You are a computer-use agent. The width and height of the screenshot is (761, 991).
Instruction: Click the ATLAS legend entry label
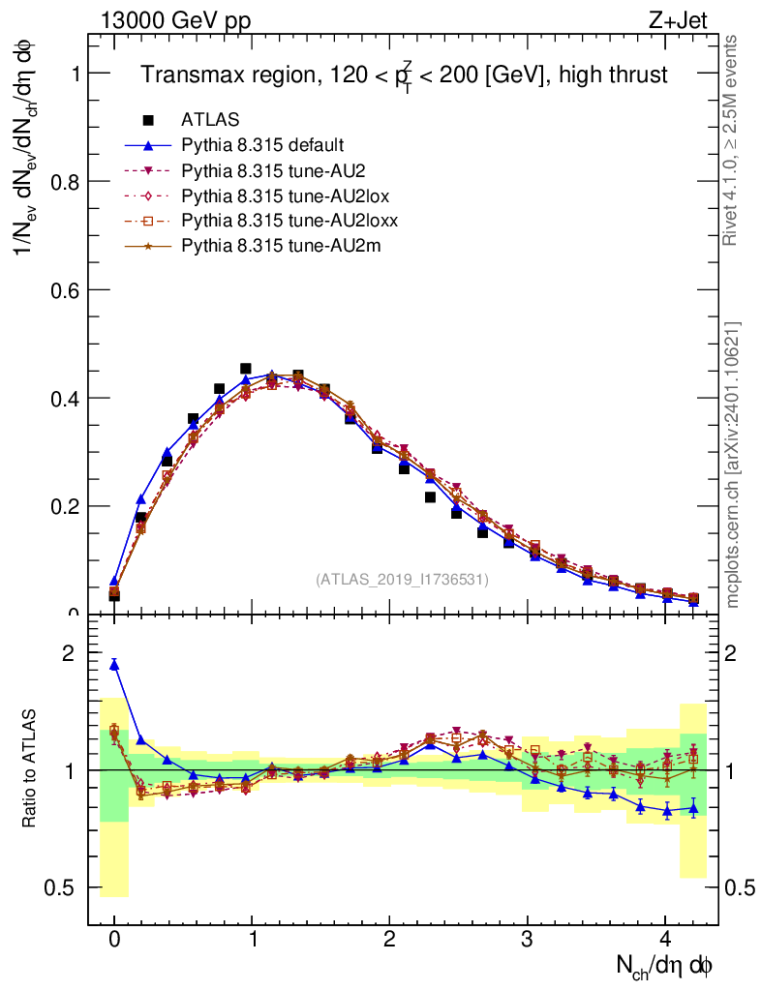pyautogui.click(x=210, y=120)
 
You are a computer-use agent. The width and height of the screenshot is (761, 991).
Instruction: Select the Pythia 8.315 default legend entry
pyautogui.click(x=262, y=145)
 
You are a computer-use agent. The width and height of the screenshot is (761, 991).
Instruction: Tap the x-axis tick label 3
pyautogui.click(x=528, y=939)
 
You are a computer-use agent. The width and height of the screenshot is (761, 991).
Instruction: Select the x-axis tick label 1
pyautogui.click(x=253, y=939)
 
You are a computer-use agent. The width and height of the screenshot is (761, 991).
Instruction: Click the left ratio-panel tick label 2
pyautogui.click(x=69, y=654)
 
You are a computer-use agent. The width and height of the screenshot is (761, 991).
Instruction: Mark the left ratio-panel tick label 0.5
pyautogui.click(x=61, y=887)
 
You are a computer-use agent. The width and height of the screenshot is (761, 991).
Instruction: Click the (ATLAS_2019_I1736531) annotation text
pyautogui.click(x=402, y=580)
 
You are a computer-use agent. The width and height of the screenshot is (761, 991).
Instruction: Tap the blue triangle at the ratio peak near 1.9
pyautogui.click(x=114, y=664)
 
